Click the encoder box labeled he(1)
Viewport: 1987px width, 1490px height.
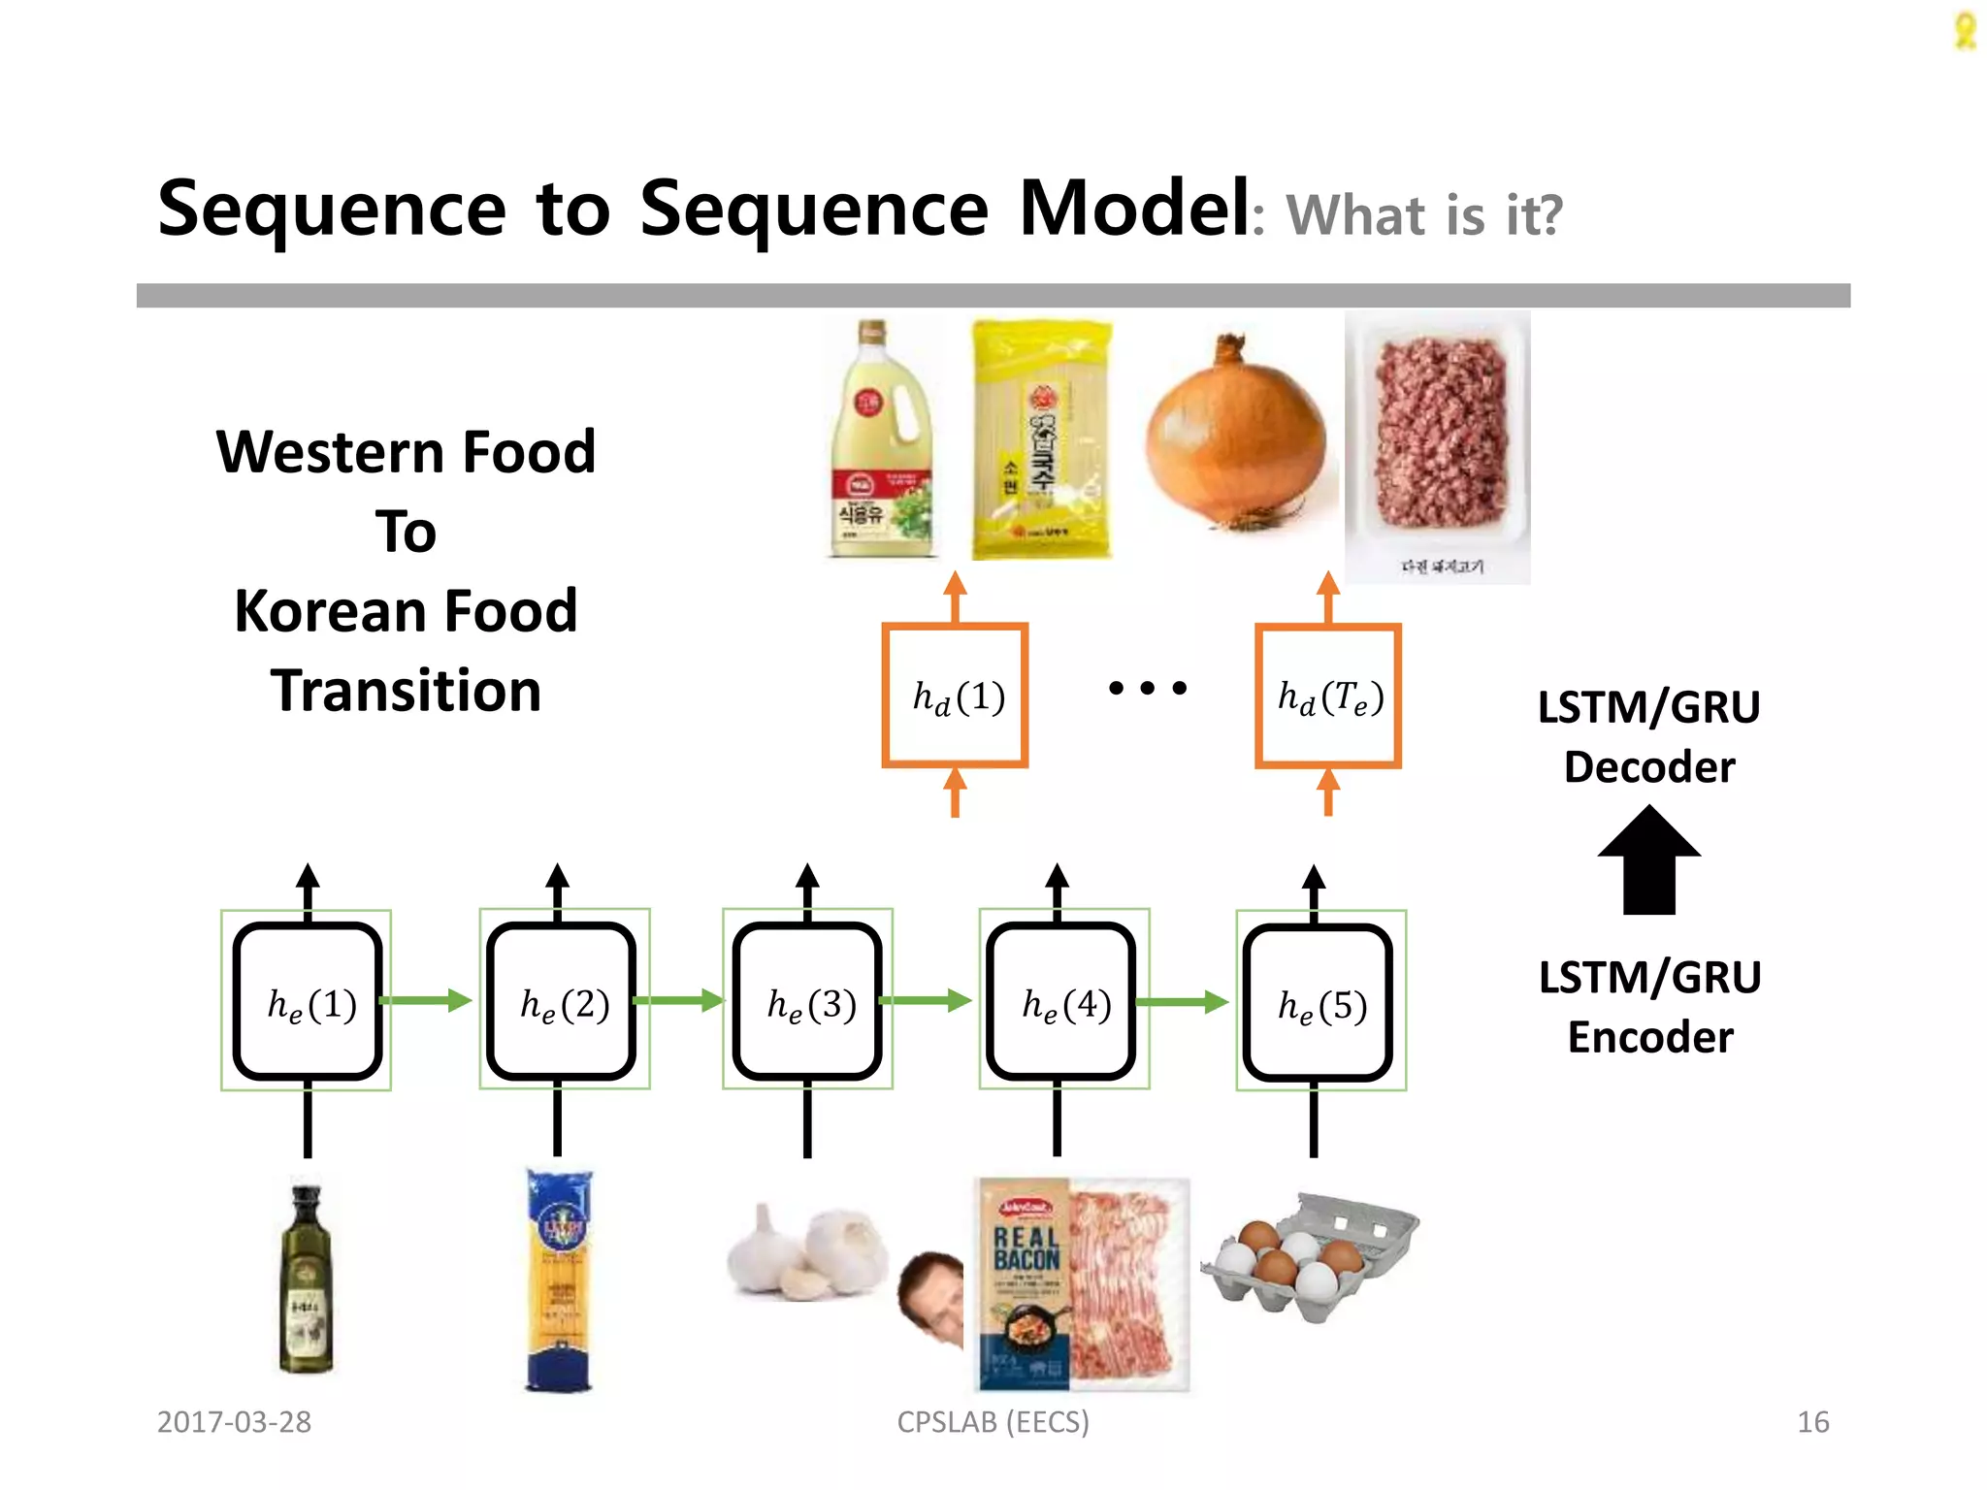pos(308,1001)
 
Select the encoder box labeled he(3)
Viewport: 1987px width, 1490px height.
pos(807,1001)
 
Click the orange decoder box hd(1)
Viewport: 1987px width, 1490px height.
pos(955,696)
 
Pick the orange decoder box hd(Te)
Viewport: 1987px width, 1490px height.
pos(1328,696)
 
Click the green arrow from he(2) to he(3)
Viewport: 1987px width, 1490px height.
pos(679,1000)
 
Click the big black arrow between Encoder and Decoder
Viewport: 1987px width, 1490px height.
pos(1648,861)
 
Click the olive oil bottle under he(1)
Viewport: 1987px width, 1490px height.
pos(307,1280)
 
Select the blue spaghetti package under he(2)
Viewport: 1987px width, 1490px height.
pos(559,1280)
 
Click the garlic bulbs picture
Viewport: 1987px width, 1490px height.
pos(807,1251)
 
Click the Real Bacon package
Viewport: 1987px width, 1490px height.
pos(1082,1283)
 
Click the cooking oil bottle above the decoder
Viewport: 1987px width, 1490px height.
pos(881,441)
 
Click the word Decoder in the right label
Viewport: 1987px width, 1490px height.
pos(1648,767)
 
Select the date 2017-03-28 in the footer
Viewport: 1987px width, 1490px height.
pos(234,1422)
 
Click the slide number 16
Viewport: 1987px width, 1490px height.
pos(1812,1422)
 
